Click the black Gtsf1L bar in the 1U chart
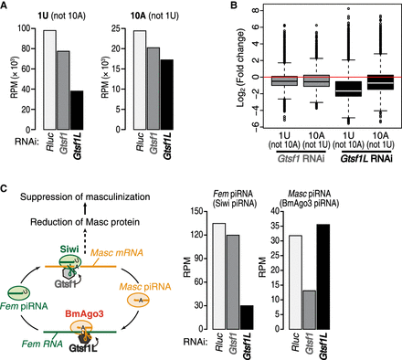click(x=76, y=111)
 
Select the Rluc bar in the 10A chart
click(x=140, y=80)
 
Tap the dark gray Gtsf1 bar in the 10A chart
click(x=153, y=89)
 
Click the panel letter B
click(x=235, y=5)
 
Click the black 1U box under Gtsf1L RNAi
click(x=349, y=89)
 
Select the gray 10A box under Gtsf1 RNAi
click(x=316, y=80)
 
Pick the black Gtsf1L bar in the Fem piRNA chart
click(x=247, y=317)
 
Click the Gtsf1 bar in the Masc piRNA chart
click(x=310, y=310)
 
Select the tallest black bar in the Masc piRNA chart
click(x=323, y=277)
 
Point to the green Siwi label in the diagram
click(x=69, y=249)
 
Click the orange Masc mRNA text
click(x=117, y=253)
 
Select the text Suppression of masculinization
click(x=85, y=197)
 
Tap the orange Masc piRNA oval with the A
click(x=138, y=301)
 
